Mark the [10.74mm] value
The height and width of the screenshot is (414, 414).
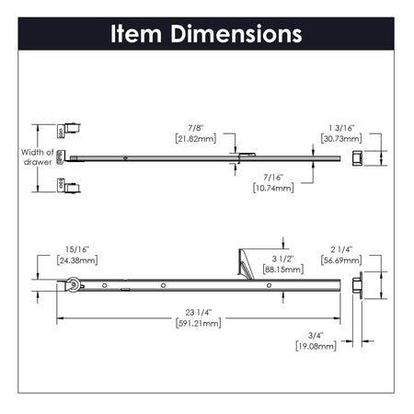[272, 187]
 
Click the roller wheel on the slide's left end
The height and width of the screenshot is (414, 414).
[71, 289]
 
